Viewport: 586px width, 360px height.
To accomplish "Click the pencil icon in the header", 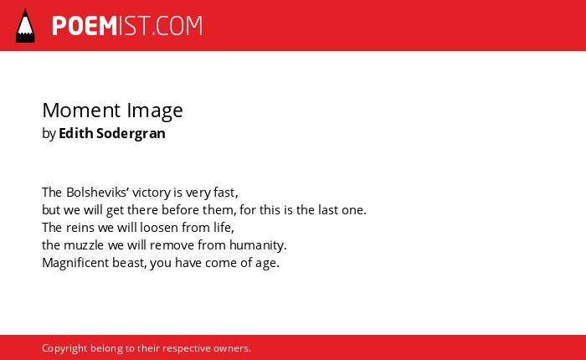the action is click(x=25, y=26).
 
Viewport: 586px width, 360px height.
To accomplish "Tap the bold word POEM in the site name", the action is click(x=85, y=26).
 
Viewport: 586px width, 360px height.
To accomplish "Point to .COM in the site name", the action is click(x=177, y=26).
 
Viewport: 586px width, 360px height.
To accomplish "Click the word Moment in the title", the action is click(x=81, y=111).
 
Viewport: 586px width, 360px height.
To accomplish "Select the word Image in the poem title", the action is click(x=155, y=111).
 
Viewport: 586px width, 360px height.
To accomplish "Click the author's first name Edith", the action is click(x=76, y=133).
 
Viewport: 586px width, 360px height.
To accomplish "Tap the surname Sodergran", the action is click(x=131, y=134).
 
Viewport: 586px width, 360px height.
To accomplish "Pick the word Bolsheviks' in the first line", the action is click(x=98, y=193).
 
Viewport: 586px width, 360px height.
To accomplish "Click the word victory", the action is click(x=152, y=193).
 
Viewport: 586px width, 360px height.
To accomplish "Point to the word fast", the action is click(x=225, y=193).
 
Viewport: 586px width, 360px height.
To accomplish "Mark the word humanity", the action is click(x=258, y=245).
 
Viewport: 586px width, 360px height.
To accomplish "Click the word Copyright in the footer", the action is click(x=64, y=348).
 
